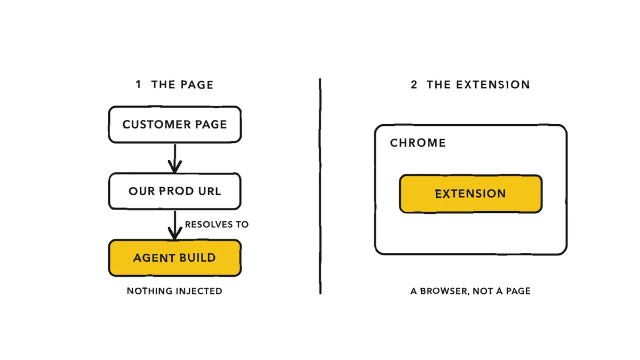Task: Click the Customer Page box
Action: point(175,124)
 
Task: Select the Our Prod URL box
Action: point(175,191)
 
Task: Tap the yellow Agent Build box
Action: point(175,258)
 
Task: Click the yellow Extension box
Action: point(470,194)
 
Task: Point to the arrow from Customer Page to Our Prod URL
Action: point(175,158)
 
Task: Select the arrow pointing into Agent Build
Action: point(175,225)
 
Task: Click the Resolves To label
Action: point(217,225)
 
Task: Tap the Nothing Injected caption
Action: point(174,291)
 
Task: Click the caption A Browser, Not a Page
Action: point(470,291)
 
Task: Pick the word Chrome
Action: point(418,143)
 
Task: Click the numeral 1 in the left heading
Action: point(139,84)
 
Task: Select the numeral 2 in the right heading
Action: point(414,85)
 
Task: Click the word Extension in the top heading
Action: point(493,85)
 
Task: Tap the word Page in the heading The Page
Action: point(197,85)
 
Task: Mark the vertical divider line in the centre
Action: point(320,186)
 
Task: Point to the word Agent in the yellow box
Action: point(150,258)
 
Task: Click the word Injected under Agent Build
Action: point(199,291)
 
